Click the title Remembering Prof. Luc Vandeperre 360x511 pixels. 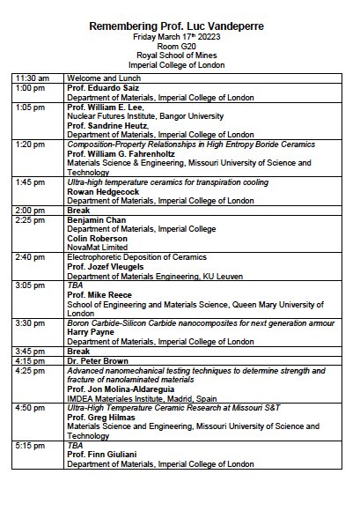[180, 27]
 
